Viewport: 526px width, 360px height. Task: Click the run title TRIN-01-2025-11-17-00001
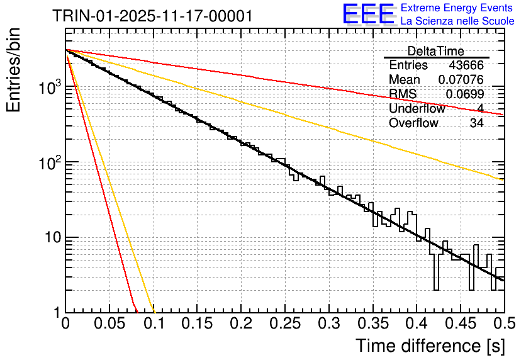(153, 16)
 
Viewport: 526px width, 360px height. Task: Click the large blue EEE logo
(369, 15)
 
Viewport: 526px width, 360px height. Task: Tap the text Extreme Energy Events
(456, 8)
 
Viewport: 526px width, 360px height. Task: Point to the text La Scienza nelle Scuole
(457, 21)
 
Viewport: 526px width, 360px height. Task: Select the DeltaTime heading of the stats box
(436, 51)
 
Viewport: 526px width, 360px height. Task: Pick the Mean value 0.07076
(461, 80)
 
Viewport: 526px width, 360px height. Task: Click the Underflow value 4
(480, 109)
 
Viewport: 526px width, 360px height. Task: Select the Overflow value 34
(476, 123)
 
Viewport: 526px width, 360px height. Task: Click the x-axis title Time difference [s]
(428, 346)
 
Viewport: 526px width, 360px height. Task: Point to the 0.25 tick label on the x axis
(284, 324)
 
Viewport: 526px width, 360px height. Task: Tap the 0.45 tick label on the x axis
(460, 324)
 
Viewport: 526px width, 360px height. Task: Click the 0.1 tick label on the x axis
(154, 324)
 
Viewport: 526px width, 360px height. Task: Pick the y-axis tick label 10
(50, 238)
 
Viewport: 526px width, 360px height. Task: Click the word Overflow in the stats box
(413, 123)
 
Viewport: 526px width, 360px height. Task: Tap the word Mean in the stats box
(405, 80)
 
